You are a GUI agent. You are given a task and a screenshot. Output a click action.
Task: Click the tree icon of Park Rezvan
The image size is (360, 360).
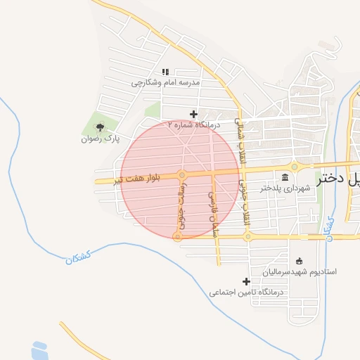(99, 127)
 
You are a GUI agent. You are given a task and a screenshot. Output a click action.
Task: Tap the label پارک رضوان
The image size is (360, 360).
(99, 139)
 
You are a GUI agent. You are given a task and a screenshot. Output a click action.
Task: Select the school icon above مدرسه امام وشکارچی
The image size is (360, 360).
(167, 72)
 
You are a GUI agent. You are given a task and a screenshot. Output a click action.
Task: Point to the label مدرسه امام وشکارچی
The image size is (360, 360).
(166, 82)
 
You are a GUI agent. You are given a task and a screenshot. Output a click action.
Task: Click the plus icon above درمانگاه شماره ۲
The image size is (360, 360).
(193, 114)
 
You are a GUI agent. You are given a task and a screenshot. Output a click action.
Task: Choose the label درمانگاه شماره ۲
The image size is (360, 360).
(194, 124)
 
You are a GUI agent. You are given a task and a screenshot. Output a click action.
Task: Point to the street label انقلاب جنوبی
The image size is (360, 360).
(245, 203)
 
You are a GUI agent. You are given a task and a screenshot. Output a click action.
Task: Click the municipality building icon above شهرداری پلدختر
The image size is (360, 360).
(285, 176)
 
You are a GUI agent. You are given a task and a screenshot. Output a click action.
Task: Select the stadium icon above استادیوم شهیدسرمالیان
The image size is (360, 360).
(300, 261)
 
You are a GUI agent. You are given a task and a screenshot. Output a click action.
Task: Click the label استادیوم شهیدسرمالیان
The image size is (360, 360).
(300, 271)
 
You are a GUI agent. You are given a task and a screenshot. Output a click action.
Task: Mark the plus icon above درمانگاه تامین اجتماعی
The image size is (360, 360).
(245, 281)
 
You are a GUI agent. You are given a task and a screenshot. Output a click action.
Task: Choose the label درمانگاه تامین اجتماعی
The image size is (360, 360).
(245, 291)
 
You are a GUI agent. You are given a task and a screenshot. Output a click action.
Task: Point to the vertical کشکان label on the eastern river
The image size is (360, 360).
(329, 224)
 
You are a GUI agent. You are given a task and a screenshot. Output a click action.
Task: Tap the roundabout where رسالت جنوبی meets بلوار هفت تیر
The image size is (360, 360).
(182, 174)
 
